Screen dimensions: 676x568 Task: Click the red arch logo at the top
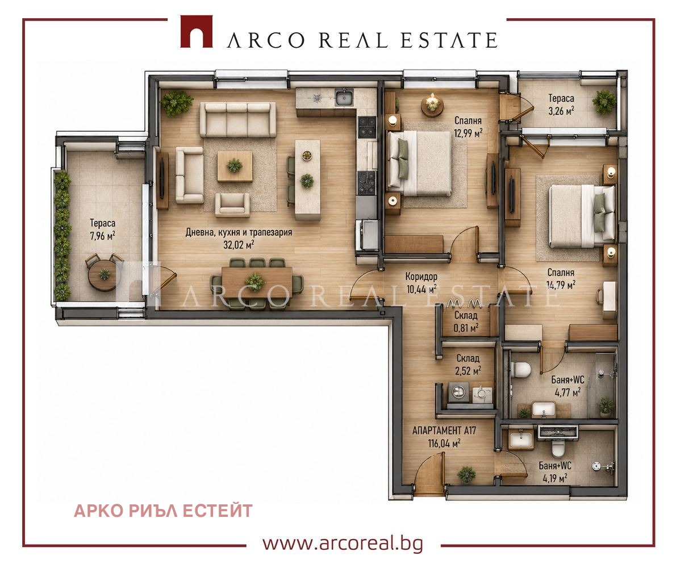pos(196,31)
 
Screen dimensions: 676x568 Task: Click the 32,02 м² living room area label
pos(239,245)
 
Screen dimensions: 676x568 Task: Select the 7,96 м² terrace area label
pos(102,236)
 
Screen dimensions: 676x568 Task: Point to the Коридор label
pos(421,276)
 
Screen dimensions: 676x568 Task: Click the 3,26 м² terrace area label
pos(561,111)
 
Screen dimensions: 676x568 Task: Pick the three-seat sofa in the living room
pos(237,119)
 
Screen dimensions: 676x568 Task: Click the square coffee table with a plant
pos(235,166)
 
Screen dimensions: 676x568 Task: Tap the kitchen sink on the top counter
pos(344,98)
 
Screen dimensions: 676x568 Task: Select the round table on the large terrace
pos(103,274)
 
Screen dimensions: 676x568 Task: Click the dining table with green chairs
pos(257,282)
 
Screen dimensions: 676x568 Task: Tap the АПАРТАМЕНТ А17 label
pos(444,431)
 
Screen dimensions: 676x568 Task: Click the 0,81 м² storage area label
pos(466,328)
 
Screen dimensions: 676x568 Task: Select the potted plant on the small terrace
pos(604,102)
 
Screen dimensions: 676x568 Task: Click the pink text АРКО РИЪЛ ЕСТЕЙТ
pos(163,511)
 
